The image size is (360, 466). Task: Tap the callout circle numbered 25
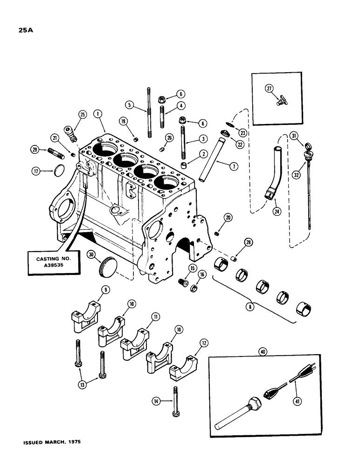[x=83, y=115]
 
